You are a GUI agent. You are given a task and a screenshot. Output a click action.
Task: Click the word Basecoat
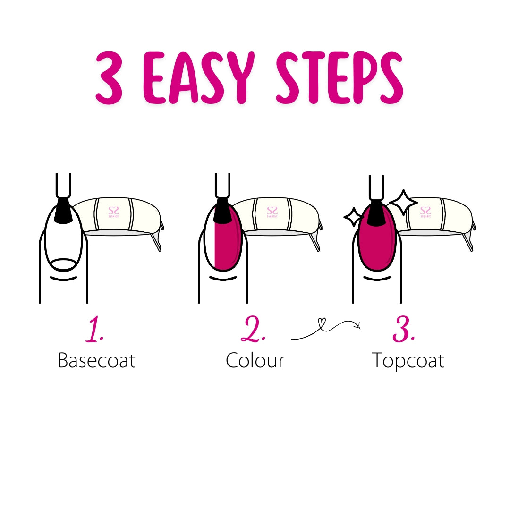96,361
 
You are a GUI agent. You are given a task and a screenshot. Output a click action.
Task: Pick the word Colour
255,361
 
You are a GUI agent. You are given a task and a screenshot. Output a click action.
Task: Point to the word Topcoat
408,361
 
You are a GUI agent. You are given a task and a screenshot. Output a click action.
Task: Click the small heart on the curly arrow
322,323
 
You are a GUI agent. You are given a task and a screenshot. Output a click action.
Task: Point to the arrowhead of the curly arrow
359,325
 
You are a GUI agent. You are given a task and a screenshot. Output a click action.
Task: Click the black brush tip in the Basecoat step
63,211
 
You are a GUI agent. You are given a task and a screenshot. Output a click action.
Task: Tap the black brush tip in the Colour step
221,211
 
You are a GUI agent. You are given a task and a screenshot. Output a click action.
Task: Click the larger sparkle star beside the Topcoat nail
403,203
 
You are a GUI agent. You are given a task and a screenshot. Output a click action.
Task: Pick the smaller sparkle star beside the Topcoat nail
352,217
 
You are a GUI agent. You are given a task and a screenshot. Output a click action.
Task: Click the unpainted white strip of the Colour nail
211,241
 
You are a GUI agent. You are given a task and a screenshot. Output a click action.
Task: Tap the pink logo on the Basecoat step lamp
114,211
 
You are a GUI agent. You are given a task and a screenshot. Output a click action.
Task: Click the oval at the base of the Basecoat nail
63,264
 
